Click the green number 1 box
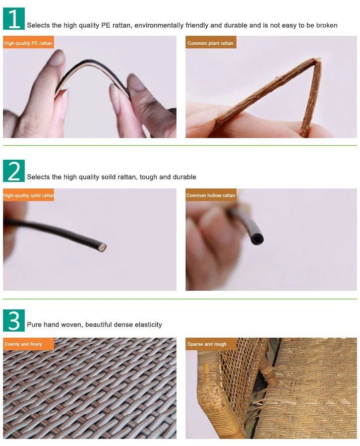tap(14, 19)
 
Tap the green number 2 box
tap(14, 171)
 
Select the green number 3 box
tap(14, 321)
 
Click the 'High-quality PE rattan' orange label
tap(28, 42)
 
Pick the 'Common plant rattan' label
tap(211, 42)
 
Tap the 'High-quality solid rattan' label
tap(28, 195)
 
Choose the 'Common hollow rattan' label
tap(211, 195)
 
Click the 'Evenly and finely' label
tap(28, 344)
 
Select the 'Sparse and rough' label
tap(211, 344)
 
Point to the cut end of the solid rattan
tap(103, 247)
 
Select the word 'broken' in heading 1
tap(327, 25)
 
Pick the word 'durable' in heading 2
tap(185, 177)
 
